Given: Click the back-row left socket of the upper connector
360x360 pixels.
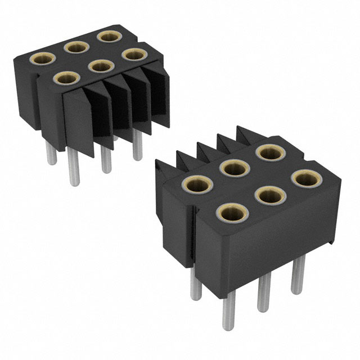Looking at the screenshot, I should coord(42,58).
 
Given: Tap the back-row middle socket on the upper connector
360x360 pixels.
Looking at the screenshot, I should coord(75,47).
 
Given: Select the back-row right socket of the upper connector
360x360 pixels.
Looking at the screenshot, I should coord(105,37).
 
